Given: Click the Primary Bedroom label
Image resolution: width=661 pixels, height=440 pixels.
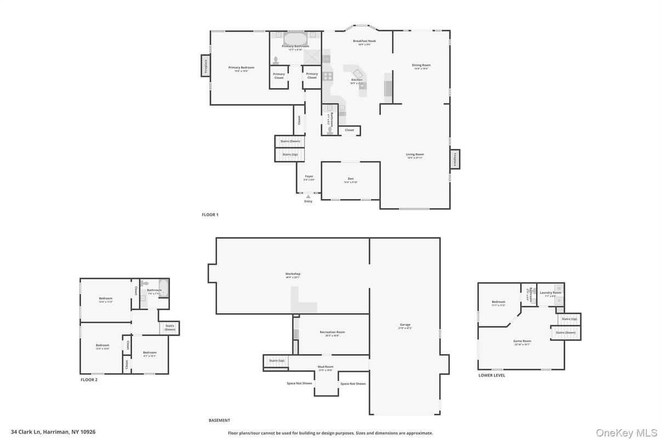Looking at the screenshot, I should tap(241, 67).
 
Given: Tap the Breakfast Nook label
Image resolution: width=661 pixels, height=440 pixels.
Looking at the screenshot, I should tap(364, 41).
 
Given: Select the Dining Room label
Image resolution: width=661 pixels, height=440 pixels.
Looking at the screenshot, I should tap(421, 65).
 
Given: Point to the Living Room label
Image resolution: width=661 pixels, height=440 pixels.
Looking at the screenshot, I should tap(415, 154).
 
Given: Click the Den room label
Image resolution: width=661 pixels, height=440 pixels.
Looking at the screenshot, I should tap(351, 179).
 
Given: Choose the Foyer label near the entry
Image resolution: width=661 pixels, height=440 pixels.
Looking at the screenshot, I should tap(309, 176).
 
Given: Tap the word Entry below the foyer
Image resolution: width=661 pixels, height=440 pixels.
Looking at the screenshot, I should tap(308, 201).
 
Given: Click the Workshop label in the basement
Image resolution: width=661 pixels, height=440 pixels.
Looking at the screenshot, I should tap(293, 274).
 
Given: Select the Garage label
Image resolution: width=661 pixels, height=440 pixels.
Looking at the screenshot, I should tap(405, 325).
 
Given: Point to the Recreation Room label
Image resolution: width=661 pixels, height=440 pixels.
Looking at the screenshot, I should tap(332, 332).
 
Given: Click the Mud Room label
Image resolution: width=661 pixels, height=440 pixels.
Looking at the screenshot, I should tap(326, 367).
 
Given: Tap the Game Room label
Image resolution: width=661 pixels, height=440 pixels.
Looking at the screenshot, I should tap(522, 341).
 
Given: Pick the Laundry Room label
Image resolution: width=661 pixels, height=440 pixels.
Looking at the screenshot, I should tap(550, 293).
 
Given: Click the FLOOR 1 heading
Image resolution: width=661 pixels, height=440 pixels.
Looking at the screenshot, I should tap(210, 215).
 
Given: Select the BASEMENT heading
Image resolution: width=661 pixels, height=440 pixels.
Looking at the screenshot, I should tap(219, 420).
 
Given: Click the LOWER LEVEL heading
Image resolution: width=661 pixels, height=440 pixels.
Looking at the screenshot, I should tap(492, 375).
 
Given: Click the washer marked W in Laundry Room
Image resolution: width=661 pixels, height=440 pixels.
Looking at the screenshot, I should tap(559, 288).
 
